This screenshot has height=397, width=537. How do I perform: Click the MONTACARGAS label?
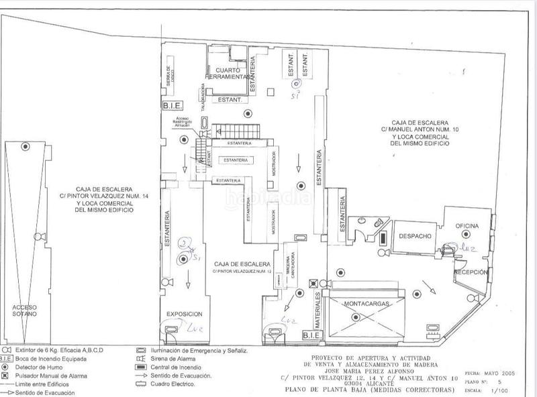[364, 304]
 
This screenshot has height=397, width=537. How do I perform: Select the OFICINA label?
[464, 226]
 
